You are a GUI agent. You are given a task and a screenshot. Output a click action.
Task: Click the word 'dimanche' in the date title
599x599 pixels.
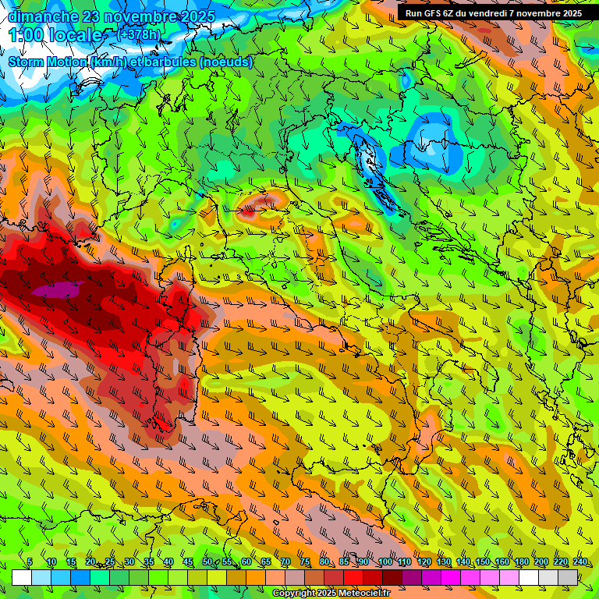click(43, 16)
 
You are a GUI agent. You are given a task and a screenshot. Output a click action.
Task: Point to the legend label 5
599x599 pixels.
click(30, 562)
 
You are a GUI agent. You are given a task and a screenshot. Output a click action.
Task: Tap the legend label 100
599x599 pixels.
click(385, 562)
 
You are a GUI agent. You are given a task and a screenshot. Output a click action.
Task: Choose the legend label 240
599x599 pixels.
click(580, 562)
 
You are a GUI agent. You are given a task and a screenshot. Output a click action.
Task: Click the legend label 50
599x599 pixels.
click(207, 562)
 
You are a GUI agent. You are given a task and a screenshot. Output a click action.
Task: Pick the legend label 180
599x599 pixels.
click(521, 562)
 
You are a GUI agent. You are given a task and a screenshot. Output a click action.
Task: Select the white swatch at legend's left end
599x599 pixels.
click(22, 577)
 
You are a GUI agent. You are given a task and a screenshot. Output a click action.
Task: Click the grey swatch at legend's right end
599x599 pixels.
click(568, 577)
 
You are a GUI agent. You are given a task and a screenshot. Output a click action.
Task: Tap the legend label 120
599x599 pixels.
click(424, 562)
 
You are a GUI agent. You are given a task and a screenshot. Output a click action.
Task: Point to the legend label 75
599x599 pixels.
click(305, 562)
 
